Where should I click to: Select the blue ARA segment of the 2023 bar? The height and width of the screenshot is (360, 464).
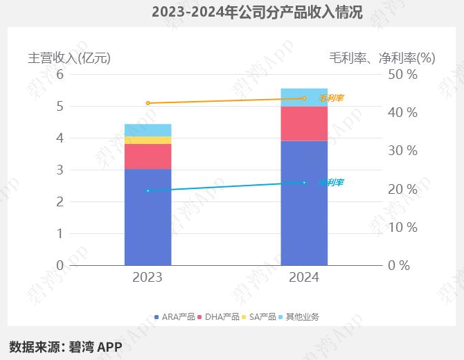pos(148,217)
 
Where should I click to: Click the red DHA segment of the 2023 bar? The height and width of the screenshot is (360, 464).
pos(148,156)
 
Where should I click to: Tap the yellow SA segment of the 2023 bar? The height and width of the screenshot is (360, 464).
pos(148,140)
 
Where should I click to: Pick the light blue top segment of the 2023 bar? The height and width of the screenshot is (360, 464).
pos(148,130)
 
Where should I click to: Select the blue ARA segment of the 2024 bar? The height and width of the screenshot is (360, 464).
pos(304,203)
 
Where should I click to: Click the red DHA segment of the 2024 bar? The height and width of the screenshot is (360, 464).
pos(304,123)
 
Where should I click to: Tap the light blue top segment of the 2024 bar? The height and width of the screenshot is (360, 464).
pos(304,97)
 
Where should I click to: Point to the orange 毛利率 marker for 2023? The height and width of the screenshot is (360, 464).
pos(148,103)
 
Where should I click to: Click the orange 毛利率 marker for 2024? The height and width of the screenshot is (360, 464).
pos(304,98)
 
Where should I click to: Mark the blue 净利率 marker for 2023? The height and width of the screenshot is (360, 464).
pos(148,190)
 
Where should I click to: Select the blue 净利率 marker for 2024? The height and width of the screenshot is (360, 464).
pos(304,183)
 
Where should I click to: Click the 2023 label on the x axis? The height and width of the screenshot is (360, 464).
pos(148,278)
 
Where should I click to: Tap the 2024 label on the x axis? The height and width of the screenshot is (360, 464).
pos(304,278)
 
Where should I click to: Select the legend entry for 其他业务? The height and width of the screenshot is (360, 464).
pos(299,316)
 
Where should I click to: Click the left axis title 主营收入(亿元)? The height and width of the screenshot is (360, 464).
pos(69,58)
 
